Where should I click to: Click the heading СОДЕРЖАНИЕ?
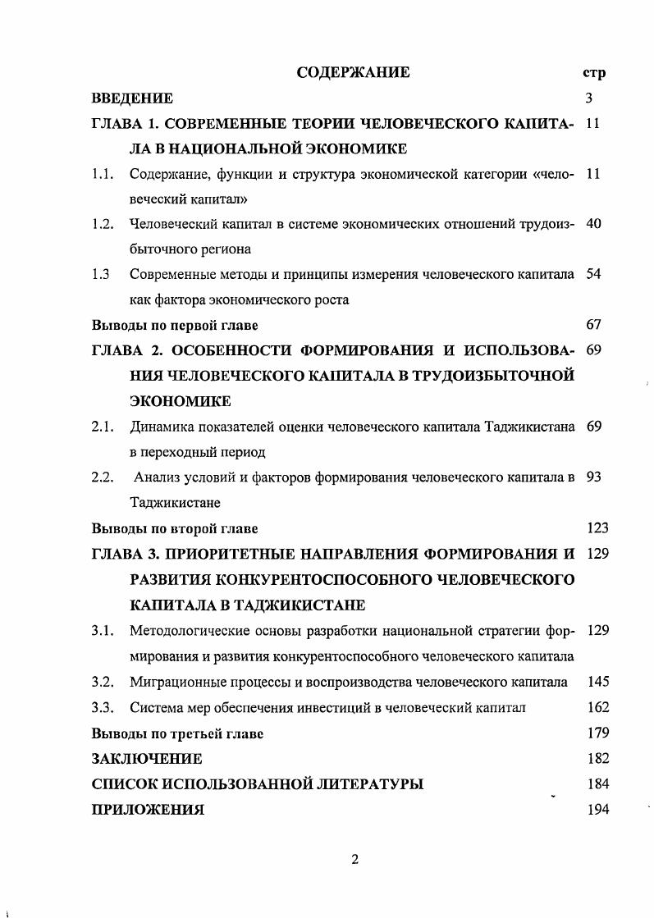pos(353,73)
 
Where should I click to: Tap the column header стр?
pos(593,73)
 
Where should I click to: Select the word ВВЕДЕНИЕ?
pos(132,98)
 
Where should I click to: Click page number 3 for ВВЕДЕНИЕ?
pos(589,98)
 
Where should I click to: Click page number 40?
pos(595,224)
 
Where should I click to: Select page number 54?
pos(595,274)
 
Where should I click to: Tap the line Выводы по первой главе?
pos(176,325)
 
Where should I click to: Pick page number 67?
pos(595,325)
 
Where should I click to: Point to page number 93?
pos(595,477)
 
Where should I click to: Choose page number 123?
pos(598,528)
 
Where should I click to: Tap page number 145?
pos(598,682)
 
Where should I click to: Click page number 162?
pos(598,707)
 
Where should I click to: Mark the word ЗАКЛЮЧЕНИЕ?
pos(147,759)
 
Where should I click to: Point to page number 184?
pos(598,784)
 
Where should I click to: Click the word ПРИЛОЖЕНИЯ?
pos(149,810)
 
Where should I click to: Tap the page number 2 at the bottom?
pos(354,860)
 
